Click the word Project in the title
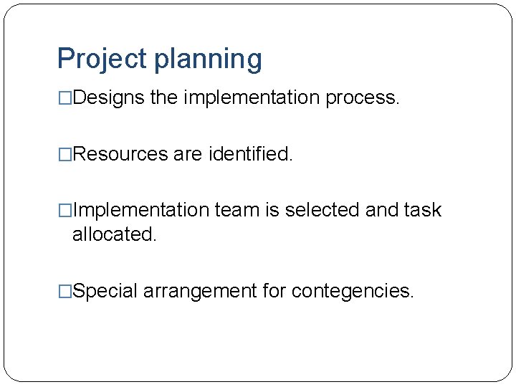point(100,59)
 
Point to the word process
point(362,98)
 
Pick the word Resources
point(121,154)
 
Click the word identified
point(251,154)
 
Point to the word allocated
point(114,234)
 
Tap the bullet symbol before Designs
point(64,98)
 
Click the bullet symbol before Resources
point(64,154)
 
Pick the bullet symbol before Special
point(64,291)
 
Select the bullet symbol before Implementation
point(64,211)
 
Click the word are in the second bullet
point(188,154)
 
